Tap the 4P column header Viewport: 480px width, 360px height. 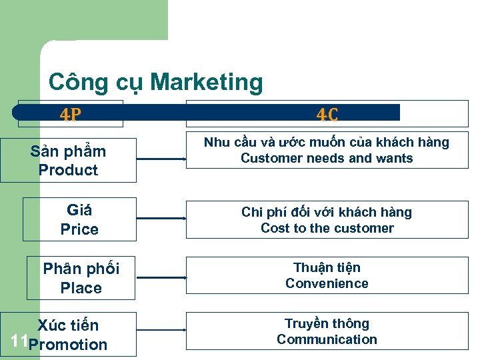tap(71, 115)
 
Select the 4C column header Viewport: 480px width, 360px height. tap(327, 115)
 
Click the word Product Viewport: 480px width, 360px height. tap(68, 170)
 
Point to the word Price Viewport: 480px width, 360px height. tap(79, 229)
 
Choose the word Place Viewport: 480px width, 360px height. tap(81, 288)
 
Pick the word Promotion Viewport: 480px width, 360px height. tap(68, 345)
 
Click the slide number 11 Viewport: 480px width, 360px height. tap(19, 343)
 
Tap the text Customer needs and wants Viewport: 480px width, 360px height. tap(327, 159)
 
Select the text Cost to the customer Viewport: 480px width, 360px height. tap(327, 228)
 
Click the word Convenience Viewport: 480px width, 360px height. tap(327, 283)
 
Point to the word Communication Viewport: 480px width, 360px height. tap(327, 339)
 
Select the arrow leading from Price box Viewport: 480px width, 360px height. tap(162, 218)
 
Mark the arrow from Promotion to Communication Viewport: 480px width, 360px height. tap(162, 333)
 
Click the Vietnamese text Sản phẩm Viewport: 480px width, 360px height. tap(68, 151)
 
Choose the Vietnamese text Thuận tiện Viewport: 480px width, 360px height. tap(327, 267)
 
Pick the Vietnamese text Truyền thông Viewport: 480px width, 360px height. tap(327, 323)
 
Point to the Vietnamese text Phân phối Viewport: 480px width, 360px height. tap(81, 269)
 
